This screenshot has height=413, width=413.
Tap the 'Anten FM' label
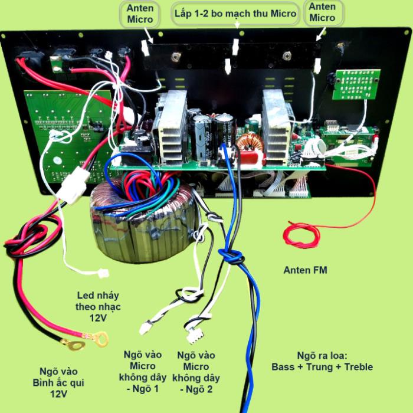click(x=305, y=270)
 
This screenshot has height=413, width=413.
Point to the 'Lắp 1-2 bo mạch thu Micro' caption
click(x=235, y=14)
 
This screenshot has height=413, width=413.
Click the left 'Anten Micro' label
click(x=140, y=14)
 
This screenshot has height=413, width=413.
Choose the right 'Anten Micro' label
click(x=322, y=12)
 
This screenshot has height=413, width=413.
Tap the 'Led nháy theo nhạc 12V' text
click(x=98, y=307)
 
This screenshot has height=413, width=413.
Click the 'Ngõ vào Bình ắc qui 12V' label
click(x=58, y=383)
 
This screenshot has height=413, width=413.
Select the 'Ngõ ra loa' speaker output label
click(x=322, y=361)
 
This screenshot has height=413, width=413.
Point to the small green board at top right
click(x=356, y=84)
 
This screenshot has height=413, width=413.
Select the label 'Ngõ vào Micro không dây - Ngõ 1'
click(x=143, y=371)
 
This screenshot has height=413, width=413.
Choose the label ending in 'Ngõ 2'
click(x=196, y=372)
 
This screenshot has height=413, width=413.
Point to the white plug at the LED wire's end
click(x=103, y=273)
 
